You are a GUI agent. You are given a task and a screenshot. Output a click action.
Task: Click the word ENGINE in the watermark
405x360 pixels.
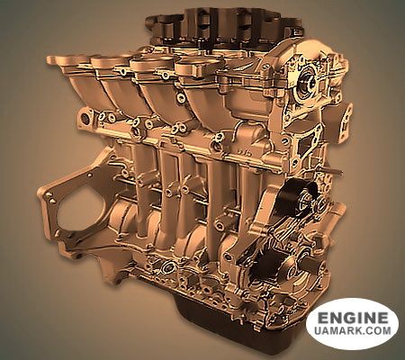coord(353,318)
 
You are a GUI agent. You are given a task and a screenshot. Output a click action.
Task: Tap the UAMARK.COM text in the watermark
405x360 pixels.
coord(353,330)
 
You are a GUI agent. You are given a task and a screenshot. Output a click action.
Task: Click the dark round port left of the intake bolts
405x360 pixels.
coord(85,119)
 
